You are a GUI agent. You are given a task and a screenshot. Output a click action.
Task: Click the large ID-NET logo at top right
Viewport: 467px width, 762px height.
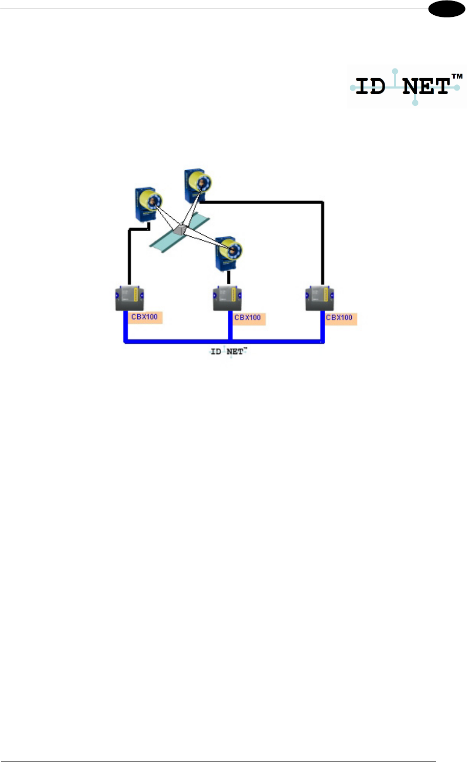point(407,87)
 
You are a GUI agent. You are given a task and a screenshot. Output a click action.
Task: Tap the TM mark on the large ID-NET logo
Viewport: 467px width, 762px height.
point(457,77)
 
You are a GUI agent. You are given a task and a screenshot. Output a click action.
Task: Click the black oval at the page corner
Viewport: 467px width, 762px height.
point(447,9)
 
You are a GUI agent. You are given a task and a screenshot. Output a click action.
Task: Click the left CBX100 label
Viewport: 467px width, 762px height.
point(145,317)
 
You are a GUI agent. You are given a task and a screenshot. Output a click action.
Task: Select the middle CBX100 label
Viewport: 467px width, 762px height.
point(248,318)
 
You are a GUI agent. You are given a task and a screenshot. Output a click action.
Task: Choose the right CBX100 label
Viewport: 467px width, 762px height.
point(339,318)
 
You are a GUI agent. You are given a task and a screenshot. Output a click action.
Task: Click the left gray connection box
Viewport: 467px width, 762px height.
point(129,299)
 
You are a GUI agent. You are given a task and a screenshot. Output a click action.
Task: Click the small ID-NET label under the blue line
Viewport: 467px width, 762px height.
point(229,352)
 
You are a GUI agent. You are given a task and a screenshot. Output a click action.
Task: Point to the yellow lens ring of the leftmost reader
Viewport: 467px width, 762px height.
point(154,201)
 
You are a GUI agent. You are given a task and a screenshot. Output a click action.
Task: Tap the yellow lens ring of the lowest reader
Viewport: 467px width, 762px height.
point(234,251)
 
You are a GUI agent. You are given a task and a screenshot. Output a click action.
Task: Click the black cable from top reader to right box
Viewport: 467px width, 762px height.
point(323,235)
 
